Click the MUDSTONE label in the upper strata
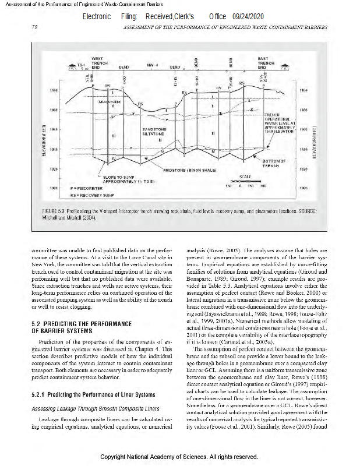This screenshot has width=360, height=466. pyautogui.click(x=111, y=101)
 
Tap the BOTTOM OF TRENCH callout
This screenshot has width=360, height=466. pyautogui.click(x=274, y=163)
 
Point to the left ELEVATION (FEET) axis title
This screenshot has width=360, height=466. pyautogui.click(x=45, y=139)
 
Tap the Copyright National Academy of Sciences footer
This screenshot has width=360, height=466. pyautogui.click(x=179, y=457)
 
